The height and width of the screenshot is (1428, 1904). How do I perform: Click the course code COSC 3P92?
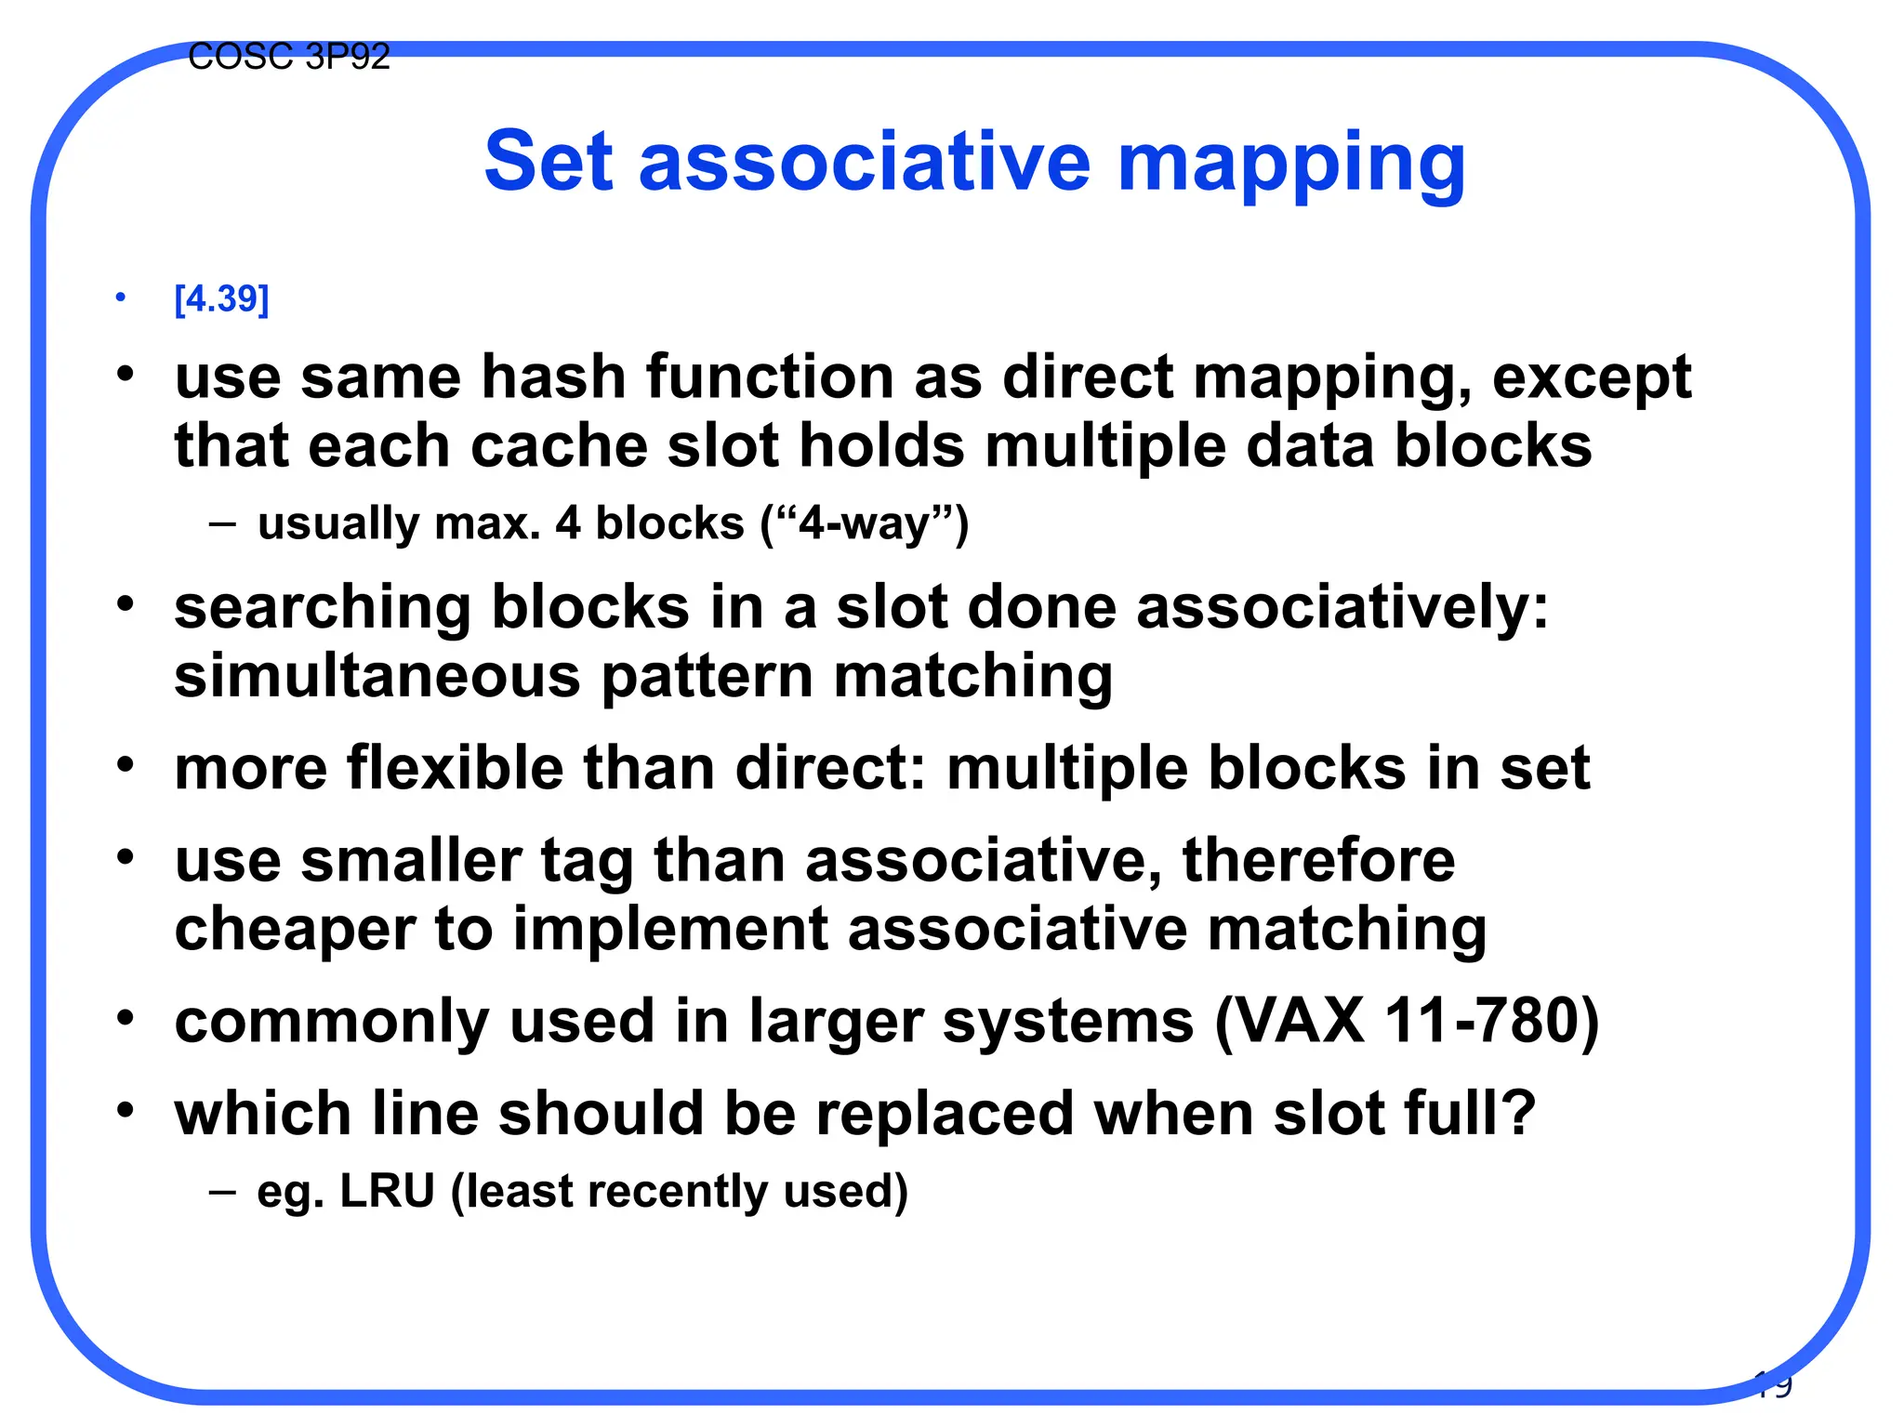[x=288, y=58]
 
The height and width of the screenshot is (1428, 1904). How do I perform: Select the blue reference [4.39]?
[x=221, y=298]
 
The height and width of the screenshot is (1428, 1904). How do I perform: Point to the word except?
[x=1591, y=379]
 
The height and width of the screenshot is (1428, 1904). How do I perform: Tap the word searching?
[x=323, y=609]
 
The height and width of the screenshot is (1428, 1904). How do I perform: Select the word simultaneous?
[x=377, y=676]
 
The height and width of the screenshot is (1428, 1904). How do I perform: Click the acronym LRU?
[x=388, y=1191]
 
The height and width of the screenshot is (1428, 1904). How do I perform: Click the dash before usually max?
[x=222, y=523]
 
